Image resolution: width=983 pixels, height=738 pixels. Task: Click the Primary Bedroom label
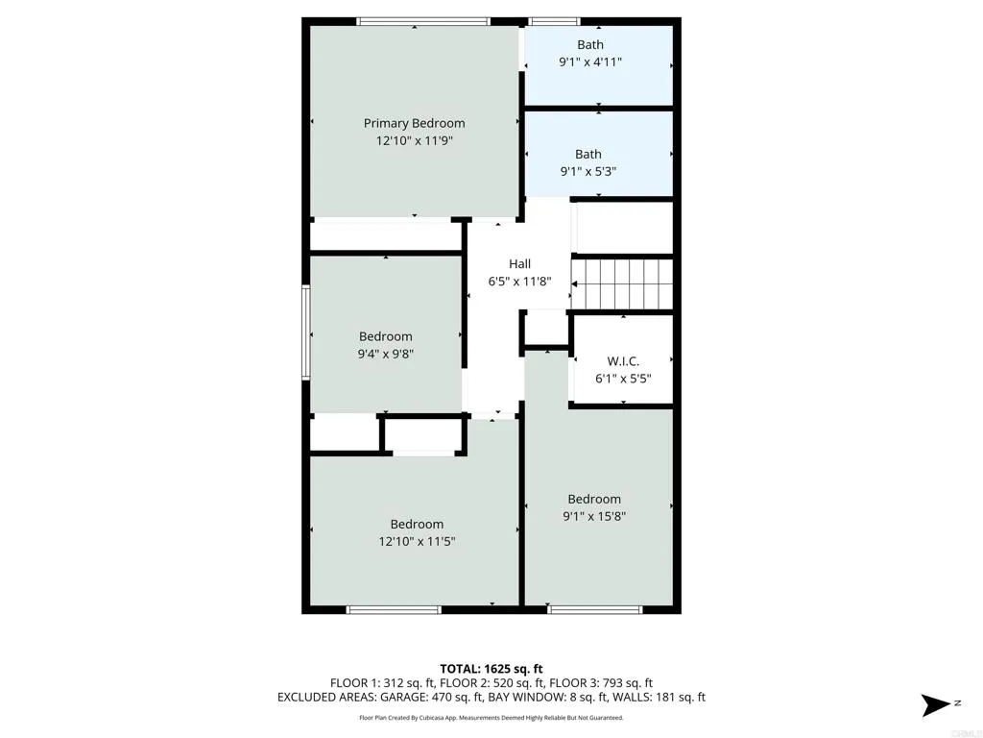[x=414, y=123]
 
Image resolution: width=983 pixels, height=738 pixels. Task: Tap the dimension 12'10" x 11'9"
[x=414, y=140]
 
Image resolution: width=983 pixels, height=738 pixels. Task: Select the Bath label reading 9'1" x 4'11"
[x=590, y=44]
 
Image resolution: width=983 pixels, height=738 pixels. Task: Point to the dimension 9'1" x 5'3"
[x=587, y=171]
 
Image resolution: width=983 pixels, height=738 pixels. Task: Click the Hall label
[x=519, y=264]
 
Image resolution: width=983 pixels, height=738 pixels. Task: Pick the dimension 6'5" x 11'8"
[x=519, y=282]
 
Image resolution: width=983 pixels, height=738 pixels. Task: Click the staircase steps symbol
[x=622, y=283]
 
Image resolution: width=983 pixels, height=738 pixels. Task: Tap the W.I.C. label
[x=622, y=361]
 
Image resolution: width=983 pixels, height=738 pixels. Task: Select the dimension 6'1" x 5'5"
[x=622, y=379]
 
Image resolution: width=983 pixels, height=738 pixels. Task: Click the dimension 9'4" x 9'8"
[x=386, y=354]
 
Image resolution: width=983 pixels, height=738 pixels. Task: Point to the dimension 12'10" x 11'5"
[x=417, y=541]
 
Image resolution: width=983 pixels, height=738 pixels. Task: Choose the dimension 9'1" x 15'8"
[x=594, y=516]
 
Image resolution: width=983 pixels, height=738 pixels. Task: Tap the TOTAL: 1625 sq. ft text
[x=491, y=668]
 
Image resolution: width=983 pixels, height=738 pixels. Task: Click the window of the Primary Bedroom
[x=422, y=20]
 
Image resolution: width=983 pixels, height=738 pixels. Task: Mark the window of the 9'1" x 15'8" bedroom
[x=594, y=609]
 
